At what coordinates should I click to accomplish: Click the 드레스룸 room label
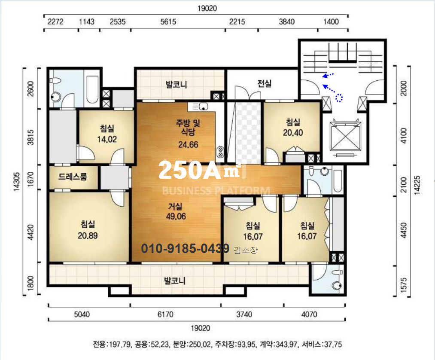73,177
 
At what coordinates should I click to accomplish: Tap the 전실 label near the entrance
265,83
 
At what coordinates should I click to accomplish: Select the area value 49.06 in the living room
176,217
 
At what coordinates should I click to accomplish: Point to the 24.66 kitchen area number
188,144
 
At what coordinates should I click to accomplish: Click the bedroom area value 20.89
88,236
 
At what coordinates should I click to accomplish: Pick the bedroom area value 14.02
107,139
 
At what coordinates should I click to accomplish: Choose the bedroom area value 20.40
293,133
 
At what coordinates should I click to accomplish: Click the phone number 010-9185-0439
186,248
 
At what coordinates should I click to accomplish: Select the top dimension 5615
168,21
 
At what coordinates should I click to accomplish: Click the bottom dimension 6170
165,314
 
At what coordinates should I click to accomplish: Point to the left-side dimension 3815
30,137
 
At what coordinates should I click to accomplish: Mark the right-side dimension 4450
404,230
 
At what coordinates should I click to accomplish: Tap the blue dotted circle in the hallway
339,98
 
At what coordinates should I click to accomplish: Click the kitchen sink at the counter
204,106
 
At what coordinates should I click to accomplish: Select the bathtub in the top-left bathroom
92,89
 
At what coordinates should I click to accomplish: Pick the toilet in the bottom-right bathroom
337,286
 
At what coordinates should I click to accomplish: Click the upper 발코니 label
176,84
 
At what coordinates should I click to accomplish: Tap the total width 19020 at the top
207,8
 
